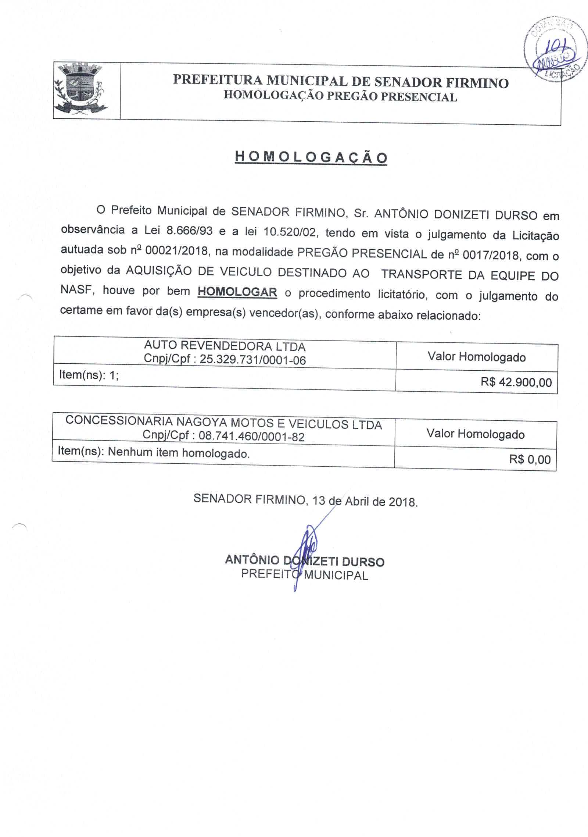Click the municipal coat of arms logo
pyautogui.click(x=80, y=89)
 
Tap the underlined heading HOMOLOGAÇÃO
pyautogui.click(x=311, y=158)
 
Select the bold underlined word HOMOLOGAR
pyautogui.click(x=237, y=292)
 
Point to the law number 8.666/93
pyautogui.click(x=190, y=231)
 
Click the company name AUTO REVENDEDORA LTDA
pyautogui.click(x=225, y=346)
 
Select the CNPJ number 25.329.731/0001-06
pyautogui.click(x=253, y=360)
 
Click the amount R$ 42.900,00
pyautogui.click(x=516, y=382)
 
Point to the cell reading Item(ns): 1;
pyautogui.click(x=89, y=375)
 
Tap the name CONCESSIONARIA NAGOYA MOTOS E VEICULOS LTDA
pyautogui.click(x=224, y=423)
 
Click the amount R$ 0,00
pyautogui.click(x=530, y=459)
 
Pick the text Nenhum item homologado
pyautogui.click(x=179, y=453)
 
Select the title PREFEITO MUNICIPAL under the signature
pyautogui.click(x=305, y=575)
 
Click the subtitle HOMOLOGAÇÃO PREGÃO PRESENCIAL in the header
pyautogui.click(x=340, y=96)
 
